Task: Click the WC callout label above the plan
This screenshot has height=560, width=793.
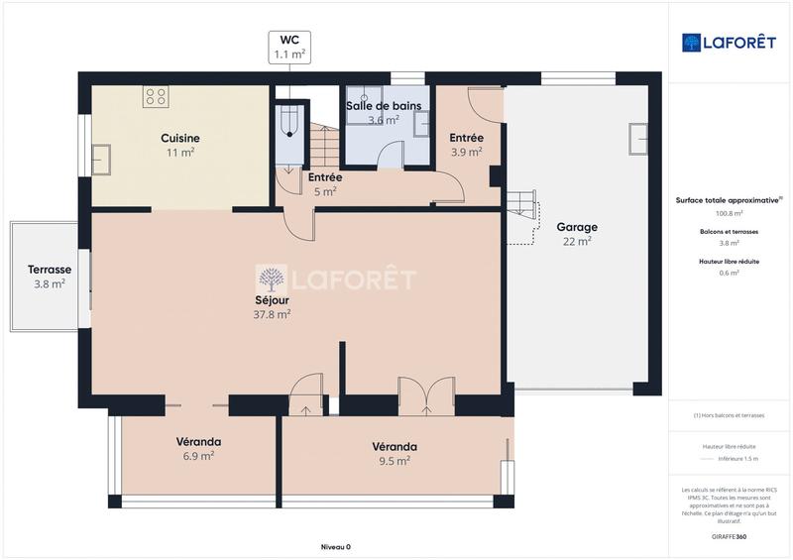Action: [289, 48]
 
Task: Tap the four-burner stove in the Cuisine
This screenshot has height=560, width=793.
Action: [155, 97]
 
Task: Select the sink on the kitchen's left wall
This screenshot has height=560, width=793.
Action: [101, 160]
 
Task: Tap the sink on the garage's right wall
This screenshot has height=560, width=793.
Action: [637, 138]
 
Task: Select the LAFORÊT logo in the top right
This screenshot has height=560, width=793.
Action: [729, 43]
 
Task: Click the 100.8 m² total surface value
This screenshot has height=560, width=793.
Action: [730, 213]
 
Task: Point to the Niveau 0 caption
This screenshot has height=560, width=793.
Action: [335, 547]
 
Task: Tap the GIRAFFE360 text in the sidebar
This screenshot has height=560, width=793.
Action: [729, 535]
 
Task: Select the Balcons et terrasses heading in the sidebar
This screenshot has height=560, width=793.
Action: [730, 231]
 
